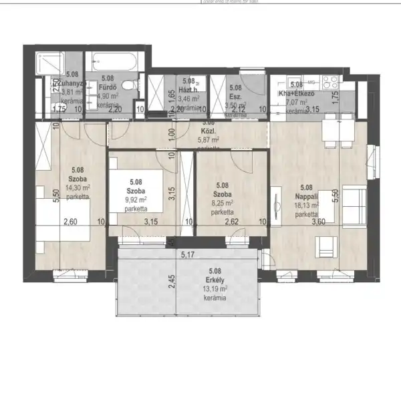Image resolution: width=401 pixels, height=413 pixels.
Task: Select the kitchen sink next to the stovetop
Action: (296, 82)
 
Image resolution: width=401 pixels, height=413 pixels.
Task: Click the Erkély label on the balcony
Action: (215, 280)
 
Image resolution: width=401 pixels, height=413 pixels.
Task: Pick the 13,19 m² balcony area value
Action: (215, 289)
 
